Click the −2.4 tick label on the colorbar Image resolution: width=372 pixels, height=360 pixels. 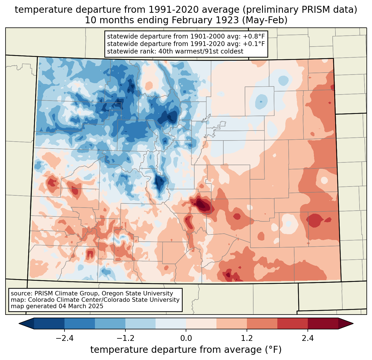(64, 338)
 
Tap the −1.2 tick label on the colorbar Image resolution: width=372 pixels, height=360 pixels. (125, 338)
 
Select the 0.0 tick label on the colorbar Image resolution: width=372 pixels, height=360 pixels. (186, 338)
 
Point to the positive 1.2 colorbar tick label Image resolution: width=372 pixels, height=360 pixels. (247, 338)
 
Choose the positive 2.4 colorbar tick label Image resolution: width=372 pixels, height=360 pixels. (308, 338)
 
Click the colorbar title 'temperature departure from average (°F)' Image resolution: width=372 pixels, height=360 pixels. (186, 350)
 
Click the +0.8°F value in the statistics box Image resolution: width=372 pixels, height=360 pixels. (254, 37)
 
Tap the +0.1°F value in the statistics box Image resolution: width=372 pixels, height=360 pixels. (254, 44)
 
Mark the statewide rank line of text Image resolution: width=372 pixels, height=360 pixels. (175, 51)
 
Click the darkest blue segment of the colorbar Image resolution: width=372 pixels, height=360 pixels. (49, 323)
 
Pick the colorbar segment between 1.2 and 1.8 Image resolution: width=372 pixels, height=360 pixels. (262, 323)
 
